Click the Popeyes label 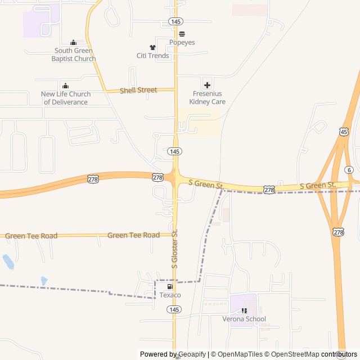tap(182, 42)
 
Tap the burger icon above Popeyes tap(182, 34)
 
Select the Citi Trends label tap(152, 56)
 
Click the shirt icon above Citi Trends tap(152, 47)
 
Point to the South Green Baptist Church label tap(74, 55)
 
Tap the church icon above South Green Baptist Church tap(73, 42)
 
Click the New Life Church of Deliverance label tap(66, 98)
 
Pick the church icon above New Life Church tap(65, 85)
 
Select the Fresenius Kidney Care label tap(208, 98)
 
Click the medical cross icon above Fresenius tap(207, 85)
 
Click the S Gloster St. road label tap(175, 248)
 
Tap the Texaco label tap(170, 295)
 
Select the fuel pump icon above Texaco tap(162, 286)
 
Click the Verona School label tap(244, 319)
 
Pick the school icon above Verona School tap(244, 310)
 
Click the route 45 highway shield tap(344, 131)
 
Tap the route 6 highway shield tap(349, 170)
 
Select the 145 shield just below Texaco tap(174, 309)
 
